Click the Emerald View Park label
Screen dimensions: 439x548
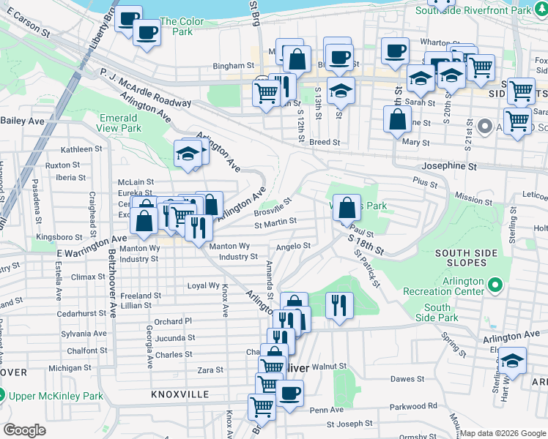119,122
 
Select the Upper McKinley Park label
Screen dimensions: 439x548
56,396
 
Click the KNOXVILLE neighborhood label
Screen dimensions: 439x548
179,394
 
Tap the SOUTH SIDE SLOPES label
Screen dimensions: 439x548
472,259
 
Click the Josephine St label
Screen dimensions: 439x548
449,166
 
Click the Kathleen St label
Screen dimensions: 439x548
81,149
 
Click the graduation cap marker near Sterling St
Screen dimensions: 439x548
513,361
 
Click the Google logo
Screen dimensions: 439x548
24,430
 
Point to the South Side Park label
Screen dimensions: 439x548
437,312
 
